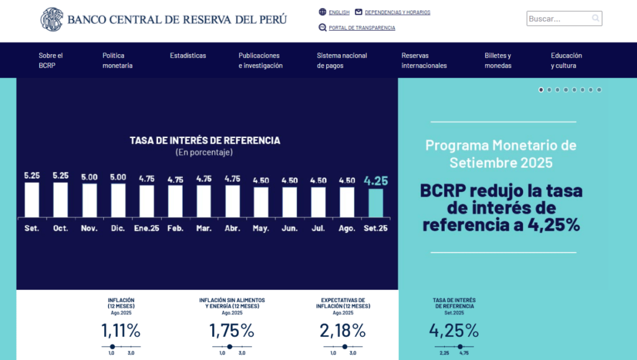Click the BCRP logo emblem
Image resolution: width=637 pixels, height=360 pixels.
[51, 19]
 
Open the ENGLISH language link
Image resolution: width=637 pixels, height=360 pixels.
[339, 12]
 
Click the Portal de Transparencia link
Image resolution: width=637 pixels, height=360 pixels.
[362, 28]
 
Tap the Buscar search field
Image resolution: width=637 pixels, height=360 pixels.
[559, 19]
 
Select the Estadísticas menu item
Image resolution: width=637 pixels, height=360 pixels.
[188, 55]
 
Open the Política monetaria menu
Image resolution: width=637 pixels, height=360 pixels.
[117, 60]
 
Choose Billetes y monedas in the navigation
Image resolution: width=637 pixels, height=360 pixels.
[498, 60]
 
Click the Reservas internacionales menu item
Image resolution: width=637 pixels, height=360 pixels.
[424, 60]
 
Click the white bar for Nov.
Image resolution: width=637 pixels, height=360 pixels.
[90, 200]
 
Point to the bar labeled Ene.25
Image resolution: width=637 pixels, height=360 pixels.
[147, 201]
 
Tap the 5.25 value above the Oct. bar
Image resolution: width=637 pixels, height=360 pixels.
[61, 176]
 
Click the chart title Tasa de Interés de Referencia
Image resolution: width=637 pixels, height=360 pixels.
[205, 140]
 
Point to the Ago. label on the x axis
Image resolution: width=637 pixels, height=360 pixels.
[347, 228]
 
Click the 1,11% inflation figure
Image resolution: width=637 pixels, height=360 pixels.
[121, 330]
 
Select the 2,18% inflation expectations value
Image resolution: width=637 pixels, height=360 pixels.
[343, 330]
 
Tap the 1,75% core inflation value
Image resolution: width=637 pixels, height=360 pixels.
[232, 330]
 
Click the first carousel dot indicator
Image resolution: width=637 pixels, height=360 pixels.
[541, 90]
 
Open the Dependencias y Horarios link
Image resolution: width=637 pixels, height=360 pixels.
[397, 12]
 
